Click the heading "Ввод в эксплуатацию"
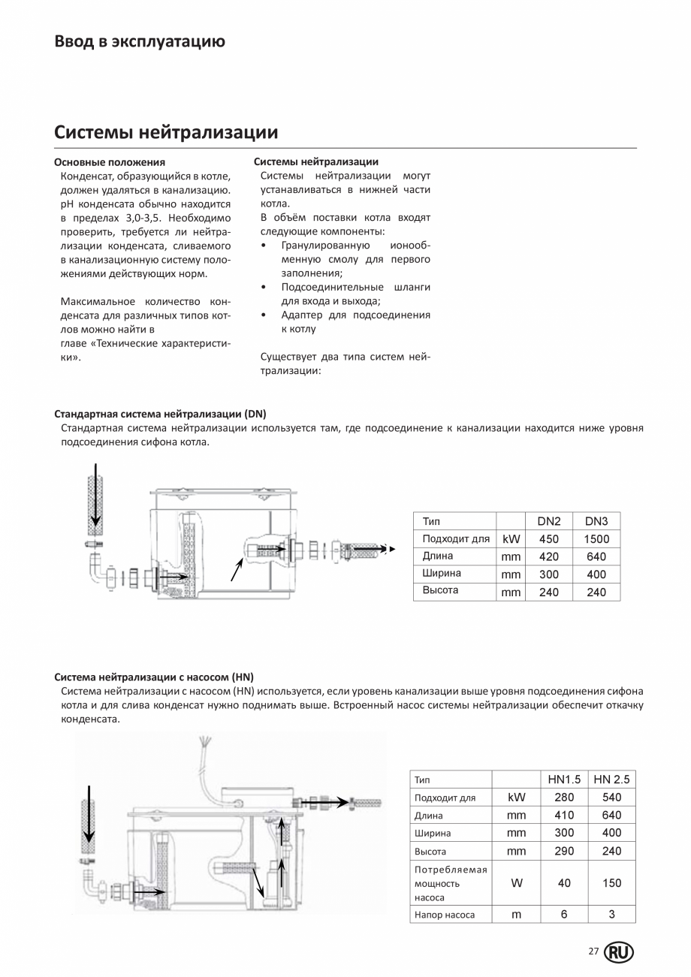click(x=140, y=41)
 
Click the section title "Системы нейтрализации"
click(x=166, y=133)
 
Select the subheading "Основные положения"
click(x=110, y=162)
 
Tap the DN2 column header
click(x=549, y=521)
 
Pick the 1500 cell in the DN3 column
click(x=596, y=539)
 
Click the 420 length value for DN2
click(x=549, y=557)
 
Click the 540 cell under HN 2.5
click(x=611, y=798)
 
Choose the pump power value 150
click(x=611, y=883)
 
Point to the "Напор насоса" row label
click(x=445, y=915)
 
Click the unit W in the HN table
click(x=516, y=883)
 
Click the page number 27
click(x=593, y=952)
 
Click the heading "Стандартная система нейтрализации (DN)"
click(x=160, y=414)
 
